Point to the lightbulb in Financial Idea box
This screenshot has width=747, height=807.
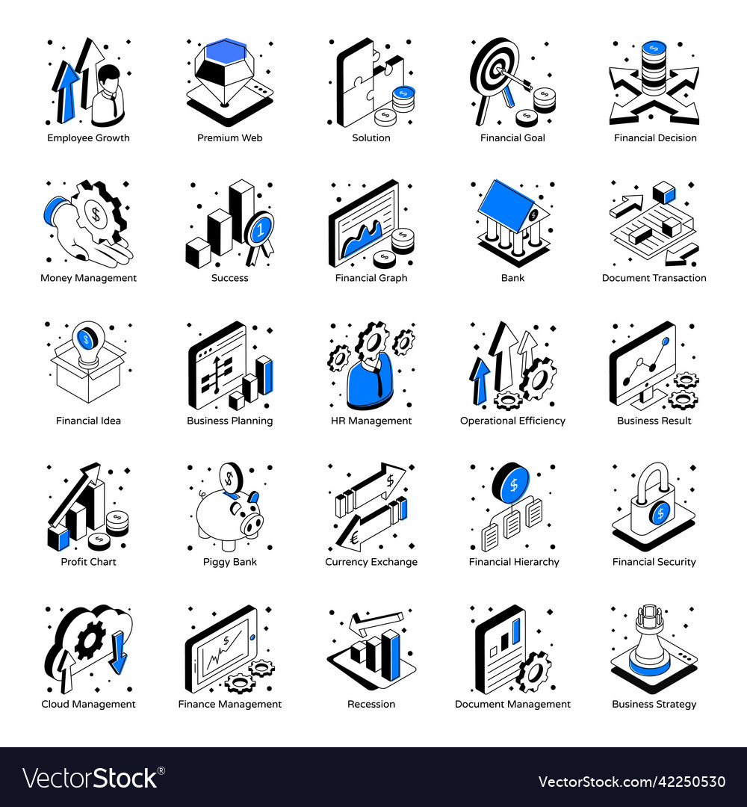click(x=87, y=340)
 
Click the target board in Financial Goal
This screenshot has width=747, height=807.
click(x=494, y=75)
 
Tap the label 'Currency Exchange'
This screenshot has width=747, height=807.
click(x=371, y=562)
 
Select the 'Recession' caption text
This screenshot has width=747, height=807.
click(x=371, y=704)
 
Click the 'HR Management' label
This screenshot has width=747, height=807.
click(x=371, y=421)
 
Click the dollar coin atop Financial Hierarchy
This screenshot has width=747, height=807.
click(x=512, y=483)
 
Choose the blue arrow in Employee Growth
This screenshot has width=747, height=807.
click(x=68, y=90)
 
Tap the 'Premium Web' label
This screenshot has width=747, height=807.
click(x=229, y=137)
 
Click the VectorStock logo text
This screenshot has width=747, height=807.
click(x=90, y=778)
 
